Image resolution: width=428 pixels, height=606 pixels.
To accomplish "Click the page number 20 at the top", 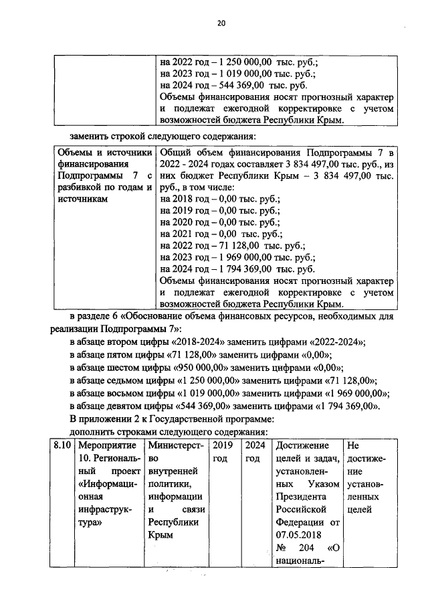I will (221, 24).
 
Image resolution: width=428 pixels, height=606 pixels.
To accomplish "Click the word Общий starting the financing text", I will (177, 151).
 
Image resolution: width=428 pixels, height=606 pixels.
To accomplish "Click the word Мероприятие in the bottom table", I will (104, 445).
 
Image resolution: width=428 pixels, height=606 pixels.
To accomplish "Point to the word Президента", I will (300, 497).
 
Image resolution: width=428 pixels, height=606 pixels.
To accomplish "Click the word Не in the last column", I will (354, 445).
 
